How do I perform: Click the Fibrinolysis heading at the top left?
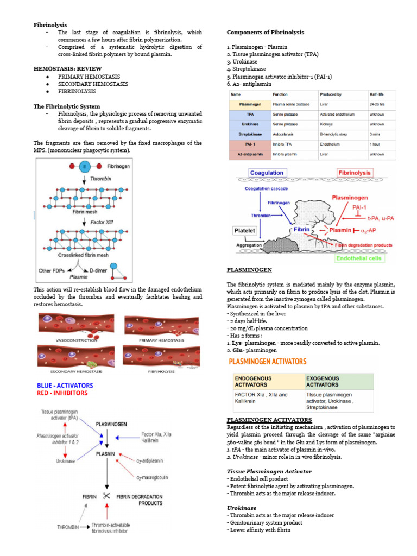(x=50, y=25)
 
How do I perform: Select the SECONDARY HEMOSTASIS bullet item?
(x=93, y=84)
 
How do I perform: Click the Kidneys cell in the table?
(x=329, y=124)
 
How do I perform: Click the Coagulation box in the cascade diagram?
(x=267, y=173)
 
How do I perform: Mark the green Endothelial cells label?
(x=359, y=258)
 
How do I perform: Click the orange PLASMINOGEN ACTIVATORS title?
(x=267, y=362)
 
